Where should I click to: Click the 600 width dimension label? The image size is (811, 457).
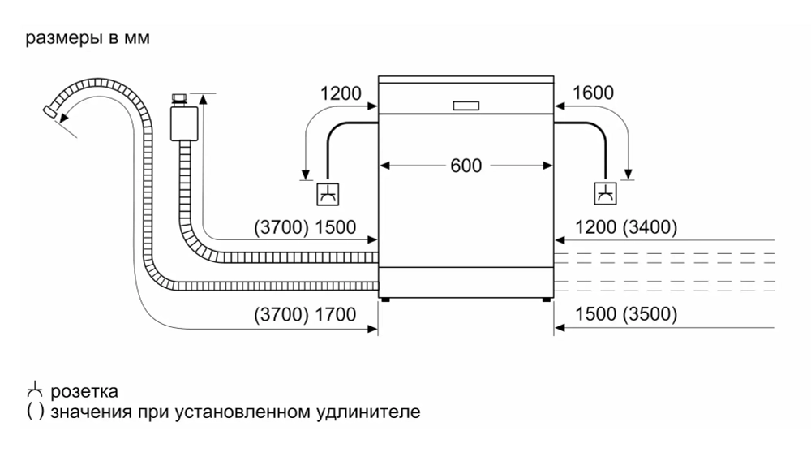466,166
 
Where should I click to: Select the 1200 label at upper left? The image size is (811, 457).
341,93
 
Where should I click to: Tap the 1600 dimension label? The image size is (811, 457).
593,93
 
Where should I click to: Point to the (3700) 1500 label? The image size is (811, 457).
305,228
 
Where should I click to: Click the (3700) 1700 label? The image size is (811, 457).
305,315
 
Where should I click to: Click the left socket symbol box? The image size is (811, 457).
327,195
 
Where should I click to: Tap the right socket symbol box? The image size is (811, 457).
605,195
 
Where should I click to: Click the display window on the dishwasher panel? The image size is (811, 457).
466,106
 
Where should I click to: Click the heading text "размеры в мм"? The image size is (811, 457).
88,39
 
